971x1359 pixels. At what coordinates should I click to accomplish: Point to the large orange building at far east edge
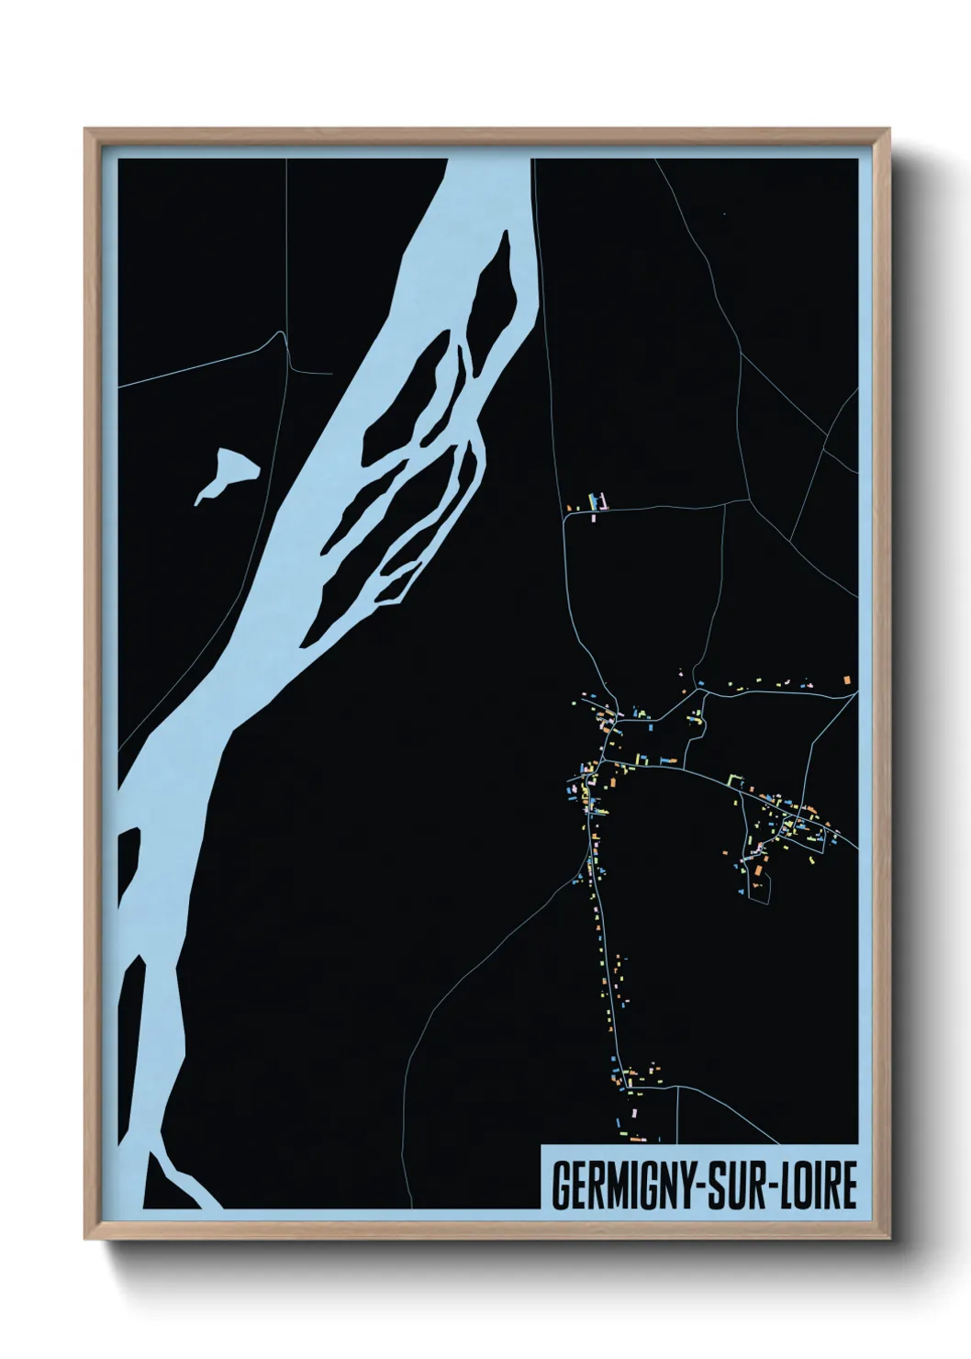[x=847, y=679]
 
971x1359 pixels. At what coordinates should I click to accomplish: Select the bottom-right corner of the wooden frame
[x=890, y=1238]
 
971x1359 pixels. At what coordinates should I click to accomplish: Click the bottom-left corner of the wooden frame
[x=86, y=1238]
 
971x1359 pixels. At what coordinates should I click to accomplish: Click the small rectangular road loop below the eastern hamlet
[x=761, y=887]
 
